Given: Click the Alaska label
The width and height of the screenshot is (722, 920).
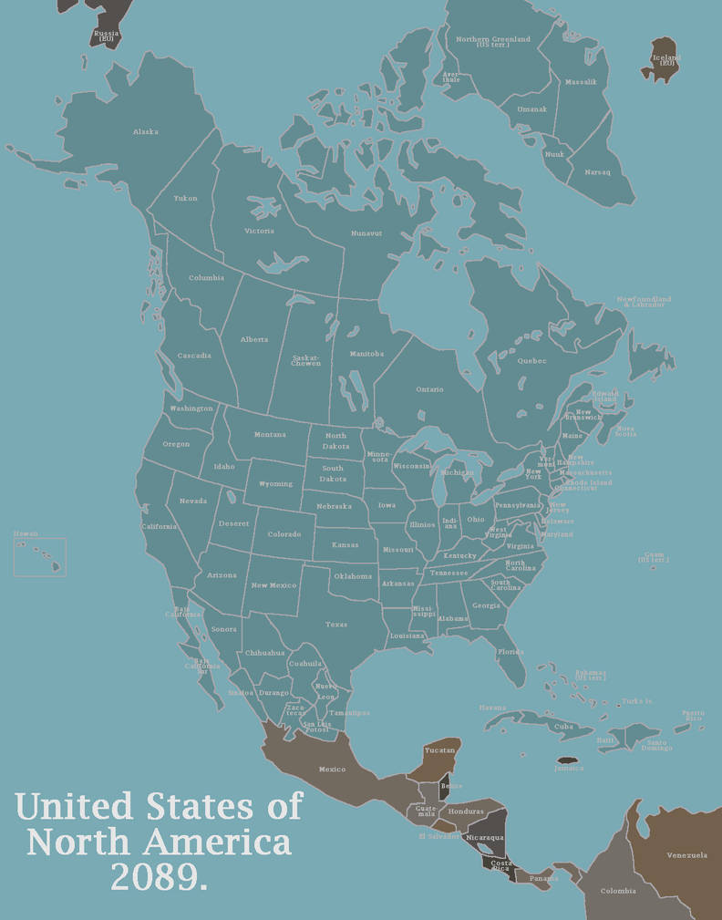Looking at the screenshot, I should [x=145, y=132].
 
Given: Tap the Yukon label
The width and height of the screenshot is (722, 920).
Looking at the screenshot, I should [x=185, y=199].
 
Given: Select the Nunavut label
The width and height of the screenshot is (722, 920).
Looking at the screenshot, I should [x=366, y=233].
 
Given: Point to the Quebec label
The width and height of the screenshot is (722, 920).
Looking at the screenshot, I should [x=531, y=360].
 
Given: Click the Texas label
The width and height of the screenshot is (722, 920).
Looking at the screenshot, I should [x=336, y=625].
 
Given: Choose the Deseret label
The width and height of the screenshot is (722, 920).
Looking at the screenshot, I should [x=233, y=523].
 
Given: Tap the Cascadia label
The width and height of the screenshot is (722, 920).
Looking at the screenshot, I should [x=194, y=356].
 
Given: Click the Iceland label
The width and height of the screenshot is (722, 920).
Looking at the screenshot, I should [x=665, y=59].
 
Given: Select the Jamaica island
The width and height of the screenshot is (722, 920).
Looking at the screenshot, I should [x=568, y=760].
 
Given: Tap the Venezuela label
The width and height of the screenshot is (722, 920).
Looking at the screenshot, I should [x=686, y=855].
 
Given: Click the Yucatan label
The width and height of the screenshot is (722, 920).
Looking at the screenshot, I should [x=439, y=749].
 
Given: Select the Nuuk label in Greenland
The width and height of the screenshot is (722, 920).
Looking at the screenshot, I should [x=554, y=154].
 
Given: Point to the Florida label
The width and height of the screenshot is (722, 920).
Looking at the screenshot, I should [x=511, y=652].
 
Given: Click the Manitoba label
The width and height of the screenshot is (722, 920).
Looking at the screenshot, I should [x=366, y=354].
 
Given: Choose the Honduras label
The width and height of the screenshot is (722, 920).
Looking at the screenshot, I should [x=466, y=811].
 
